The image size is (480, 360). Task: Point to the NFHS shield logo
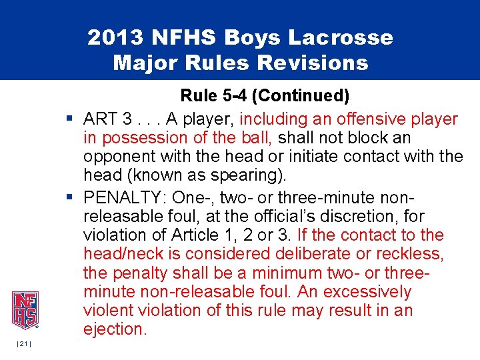[24, 310]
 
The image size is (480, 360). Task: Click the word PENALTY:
[125, 198]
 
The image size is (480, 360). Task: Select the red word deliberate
[321, 254]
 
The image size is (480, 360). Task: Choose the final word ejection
[114, 329]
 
